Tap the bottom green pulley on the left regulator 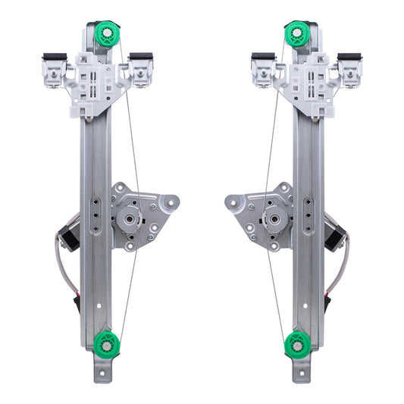click(107, 344)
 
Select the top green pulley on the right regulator click(296, 35)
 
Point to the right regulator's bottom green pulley click(297, 345)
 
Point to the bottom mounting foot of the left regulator click(103, 374)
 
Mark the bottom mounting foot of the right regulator click(301, 374)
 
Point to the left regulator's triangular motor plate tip click(172, 202)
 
